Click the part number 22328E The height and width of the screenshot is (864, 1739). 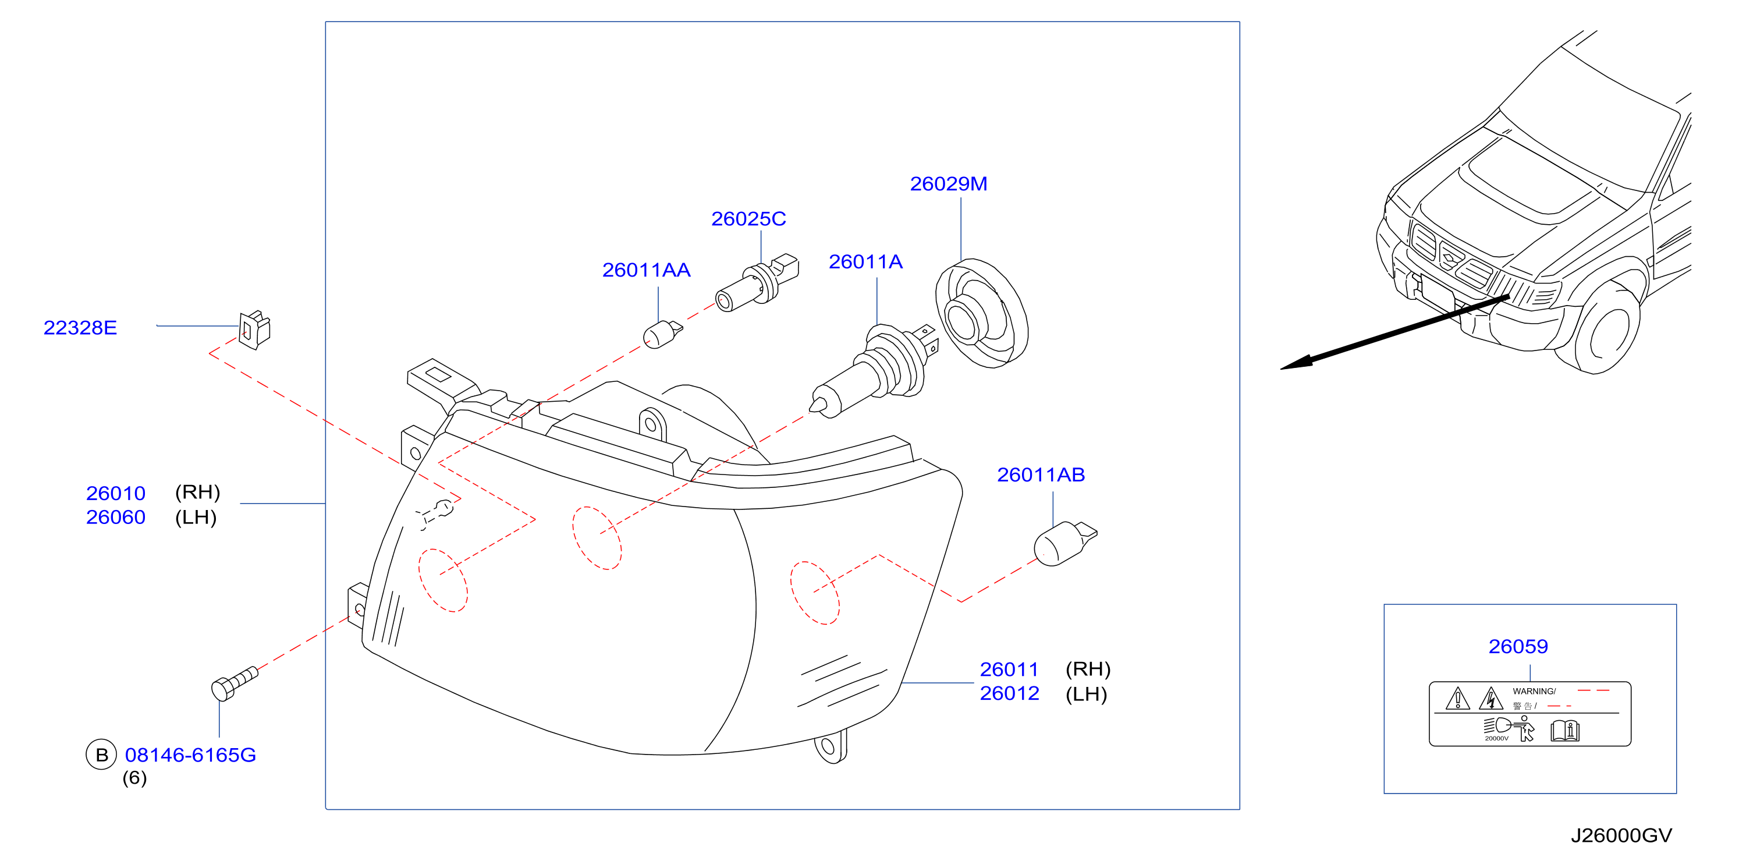click(80, 328)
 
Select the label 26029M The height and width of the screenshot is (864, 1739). click(949, 184)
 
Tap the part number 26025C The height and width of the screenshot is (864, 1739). click(748, 219)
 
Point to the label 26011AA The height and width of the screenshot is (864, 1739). click(646, 270)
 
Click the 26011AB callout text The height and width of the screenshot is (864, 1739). click(1041, 475)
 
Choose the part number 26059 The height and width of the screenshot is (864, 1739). click(1518, 646)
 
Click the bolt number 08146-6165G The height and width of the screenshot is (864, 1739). click(190, 755)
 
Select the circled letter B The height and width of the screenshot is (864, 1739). click(101, 755)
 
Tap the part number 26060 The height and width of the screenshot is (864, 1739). click(115, 517)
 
